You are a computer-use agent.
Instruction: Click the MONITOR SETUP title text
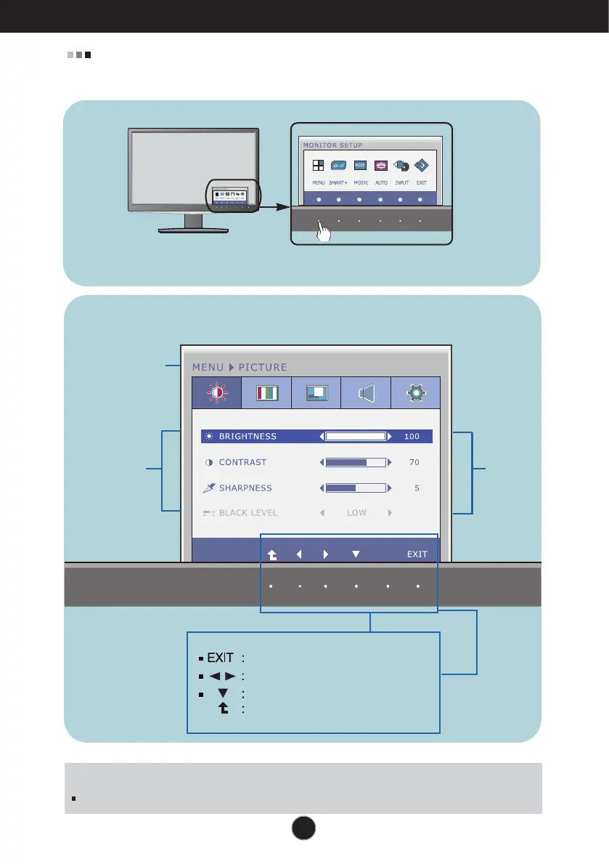(332, 145)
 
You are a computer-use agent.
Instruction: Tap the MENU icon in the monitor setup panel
(319, 165)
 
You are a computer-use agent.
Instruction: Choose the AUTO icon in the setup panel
(380, 165)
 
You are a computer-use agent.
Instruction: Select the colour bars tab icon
(266, 393)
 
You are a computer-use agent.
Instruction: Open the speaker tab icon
(366, 393)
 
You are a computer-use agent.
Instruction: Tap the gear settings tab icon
(415, 393)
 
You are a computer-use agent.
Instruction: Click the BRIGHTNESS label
(248, 437)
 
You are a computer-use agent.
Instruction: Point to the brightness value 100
(412, 437)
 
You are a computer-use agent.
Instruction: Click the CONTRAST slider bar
(356, 462)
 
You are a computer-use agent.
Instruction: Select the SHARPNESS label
(245, 488)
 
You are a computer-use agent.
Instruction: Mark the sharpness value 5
(417, 488)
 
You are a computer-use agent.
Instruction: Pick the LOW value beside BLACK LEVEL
(356, 512)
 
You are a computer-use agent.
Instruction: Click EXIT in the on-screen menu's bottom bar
(417, 554)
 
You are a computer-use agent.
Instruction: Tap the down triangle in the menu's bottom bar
(356, 554)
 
